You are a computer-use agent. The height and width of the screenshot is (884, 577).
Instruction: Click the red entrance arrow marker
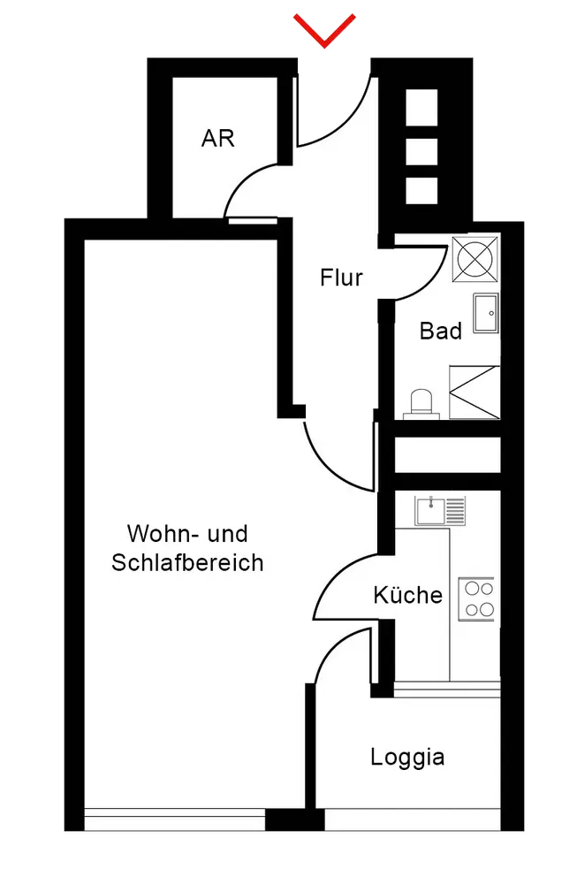point(326,29)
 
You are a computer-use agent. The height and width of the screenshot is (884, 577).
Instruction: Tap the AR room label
point(218,138)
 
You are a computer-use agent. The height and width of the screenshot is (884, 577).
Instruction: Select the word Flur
point(341,278)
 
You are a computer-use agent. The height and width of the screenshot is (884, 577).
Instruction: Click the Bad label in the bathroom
point(441,331)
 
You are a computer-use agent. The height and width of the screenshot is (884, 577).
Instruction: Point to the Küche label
point(407,595)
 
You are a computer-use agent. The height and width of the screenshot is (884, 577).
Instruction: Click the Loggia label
point(407,758)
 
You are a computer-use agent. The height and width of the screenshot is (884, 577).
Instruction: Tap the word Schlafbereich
point(187,562)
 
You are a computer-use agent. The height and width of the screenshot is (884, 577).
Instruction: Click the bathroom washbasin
point(486,313)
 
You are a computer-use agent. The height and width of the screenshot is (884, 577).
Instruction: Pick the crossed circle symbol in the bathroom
point(475,256)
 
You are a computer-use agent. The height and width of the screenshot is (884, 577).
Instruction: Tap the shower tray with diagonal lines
point(475,391)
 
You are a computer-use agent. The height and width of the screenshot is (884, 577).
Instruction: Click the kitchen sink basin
point(430,510)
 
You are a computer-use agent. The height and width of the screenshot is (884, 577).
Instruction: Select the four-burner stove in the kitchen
point(476,598)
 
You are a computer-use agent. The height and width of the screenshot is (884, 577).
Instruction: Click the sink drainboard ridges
point(456,510)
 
